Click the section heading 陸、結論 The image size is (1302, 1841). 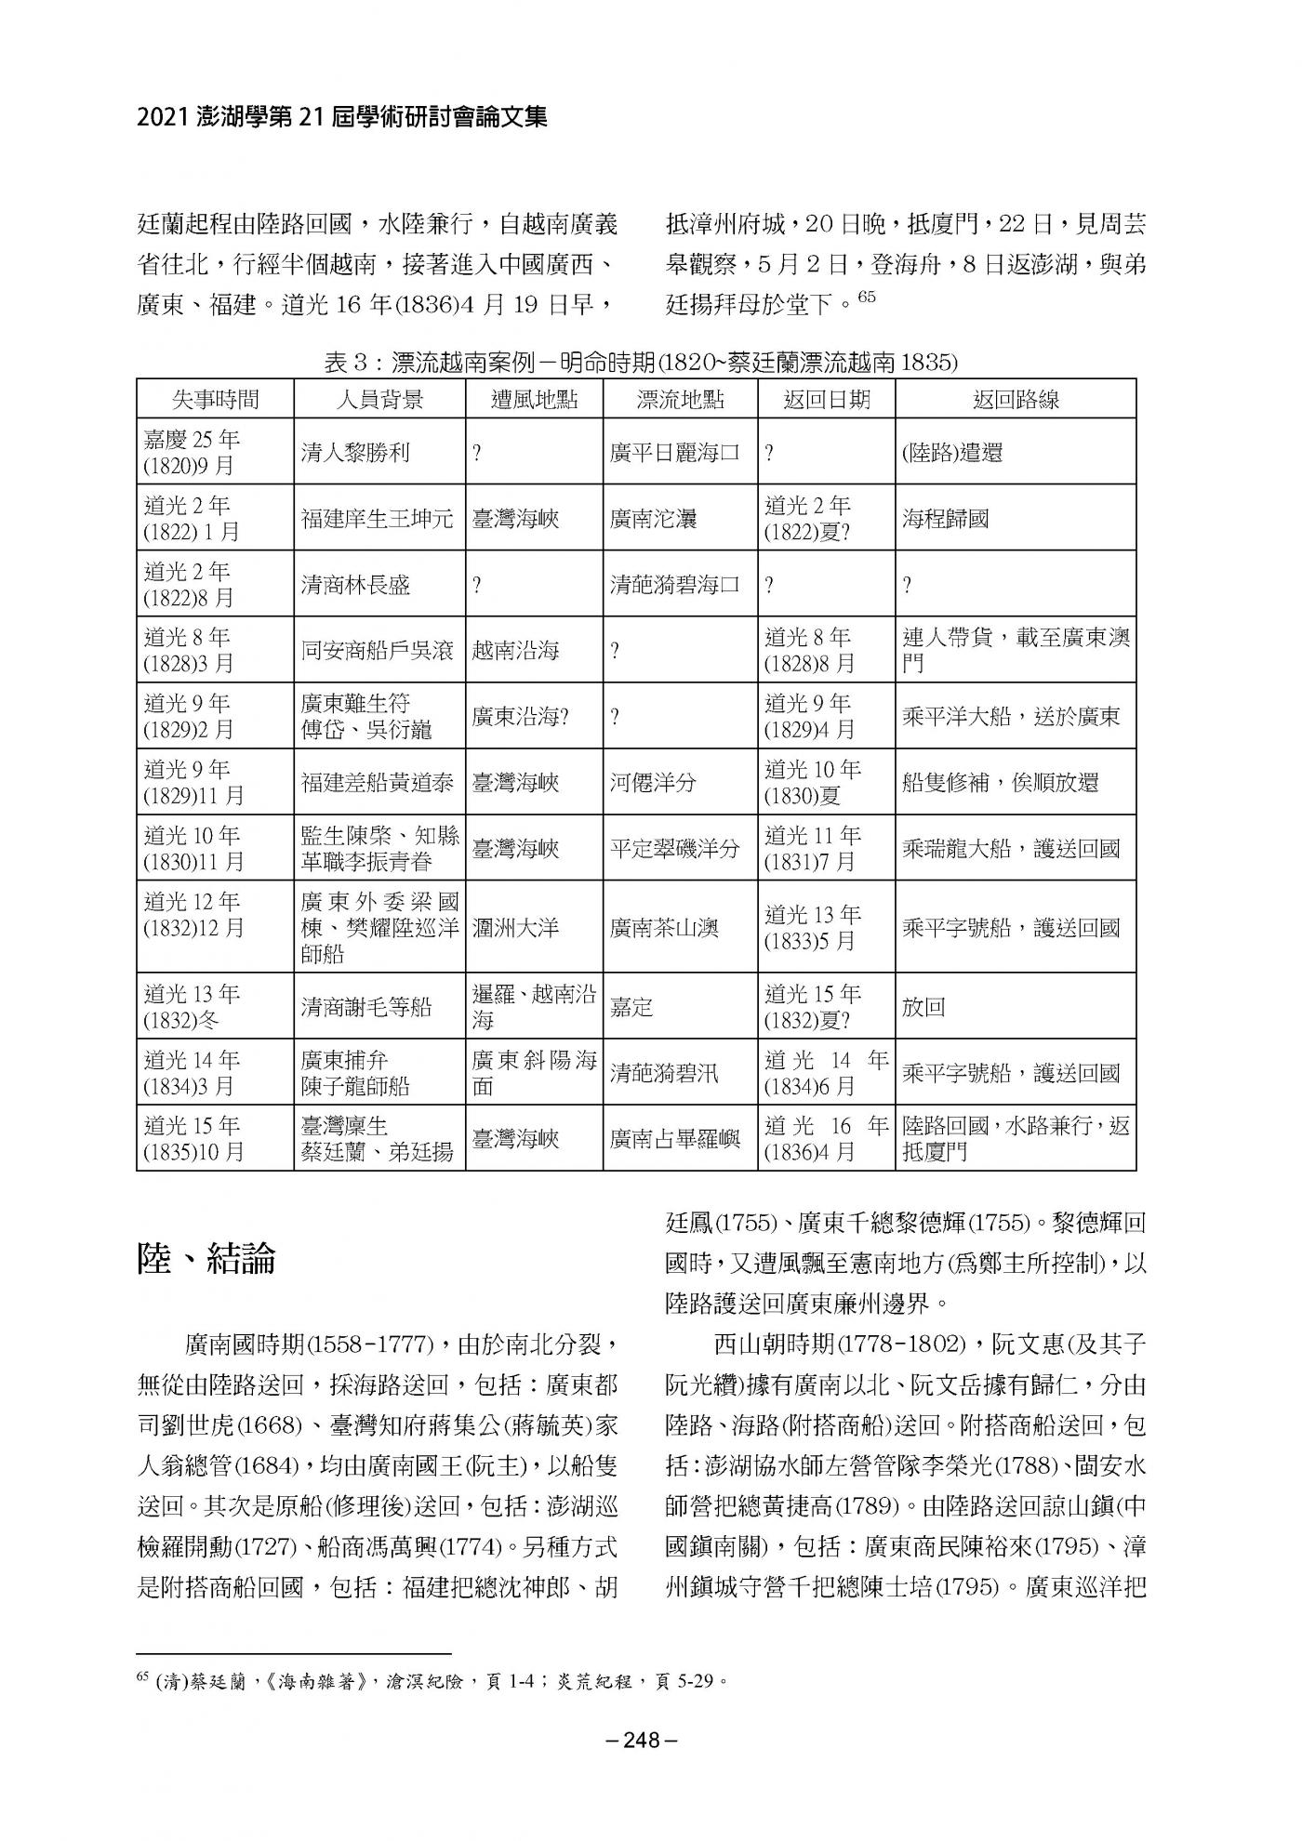tap(206, 1259)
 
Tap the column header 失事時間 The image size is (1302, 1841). tap(215, 400)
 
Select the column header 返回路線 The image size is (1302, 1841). tap(1016, 400)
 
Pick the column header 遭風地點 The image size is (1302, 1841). tap(534, 400)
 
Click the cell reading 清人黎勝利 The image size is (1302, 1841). tap(355, 453)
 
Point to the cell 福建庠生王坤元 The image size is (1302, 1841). tap(379, 519)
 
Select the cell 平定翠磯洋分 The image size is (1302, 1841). tap(675, 848)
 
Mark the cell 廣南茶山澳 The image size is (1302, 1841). tap(664, 928)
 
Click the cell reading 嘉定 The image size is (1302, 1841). tap(631, 1007)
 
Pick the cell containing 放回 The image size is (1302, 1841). tap(923, 1007)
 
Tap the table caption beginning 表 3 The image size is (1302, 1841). tap(640, 362)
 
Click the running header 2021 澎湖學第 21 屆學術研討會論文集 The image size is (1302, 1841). tap(341, 117)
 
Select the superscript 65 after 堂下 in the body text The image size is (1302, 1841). tap(867, 298)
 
